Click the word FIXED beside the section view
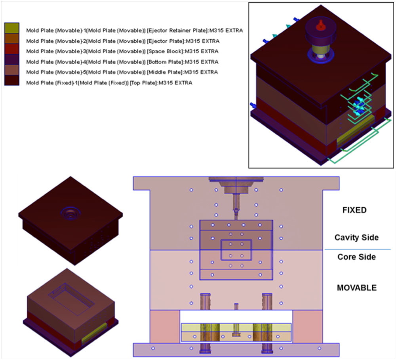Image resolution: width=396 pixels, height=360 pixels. (x=355, y=210)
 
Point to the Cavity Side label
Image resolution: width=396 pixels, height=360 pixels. (x=356, y=237)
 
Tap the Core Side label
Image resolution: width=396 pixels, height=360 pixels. (x=356, y=257)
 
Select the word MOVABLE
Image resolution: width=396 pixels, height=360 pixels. (x=356, y=287)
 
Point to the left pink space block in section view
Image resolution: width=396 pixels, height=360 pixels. (x=165, y=326)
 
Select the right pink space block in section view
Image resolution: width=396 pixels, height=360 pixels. (x=308, y=326)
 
